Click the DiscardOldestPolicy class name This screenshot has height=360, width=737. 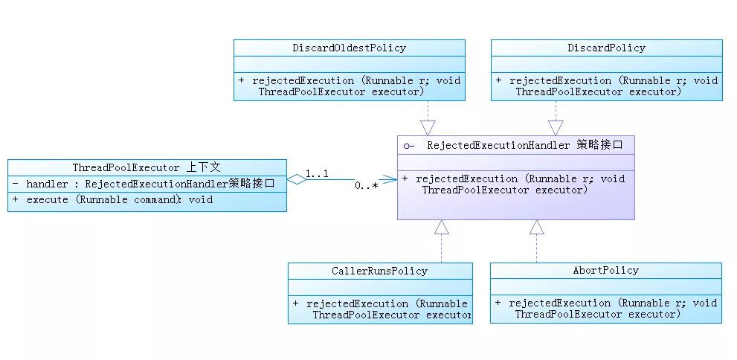(349, 48)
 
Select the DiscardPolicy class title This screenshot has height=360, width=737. (606, 48)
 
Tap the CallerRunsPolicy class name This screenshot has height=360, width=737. (379, 271)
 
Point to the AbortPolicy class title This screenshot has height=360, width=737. (605, 270)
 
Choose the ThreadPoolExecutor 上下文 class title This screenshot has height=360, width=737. (147, 167)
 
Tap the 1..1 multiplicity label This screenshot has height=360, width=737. (318, 173)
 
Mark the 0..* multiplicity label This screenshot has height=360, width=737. (365, 186)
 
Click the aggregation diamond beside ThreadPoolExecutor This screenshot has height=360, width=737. (297, 179)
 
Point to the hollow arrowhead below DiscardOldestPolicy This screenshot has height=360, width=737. (428, 127)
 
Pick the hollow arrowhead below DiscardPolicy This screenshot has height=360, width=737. (556, 127)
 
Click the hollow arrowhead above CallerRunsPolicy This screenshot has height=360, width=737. (442, 228)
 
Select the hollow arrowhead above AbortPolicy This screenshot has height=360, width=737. (537, 228)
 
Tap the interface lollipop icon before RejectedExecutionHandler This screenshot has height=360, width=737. (409, 146)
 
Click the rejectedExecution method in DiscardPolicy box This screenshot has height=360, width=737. (606, 86)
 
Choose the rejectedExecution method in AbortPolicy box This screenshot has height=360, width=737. (605, 309)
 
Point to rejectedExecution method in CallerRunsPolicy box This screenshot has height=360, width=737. (380, 309)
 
